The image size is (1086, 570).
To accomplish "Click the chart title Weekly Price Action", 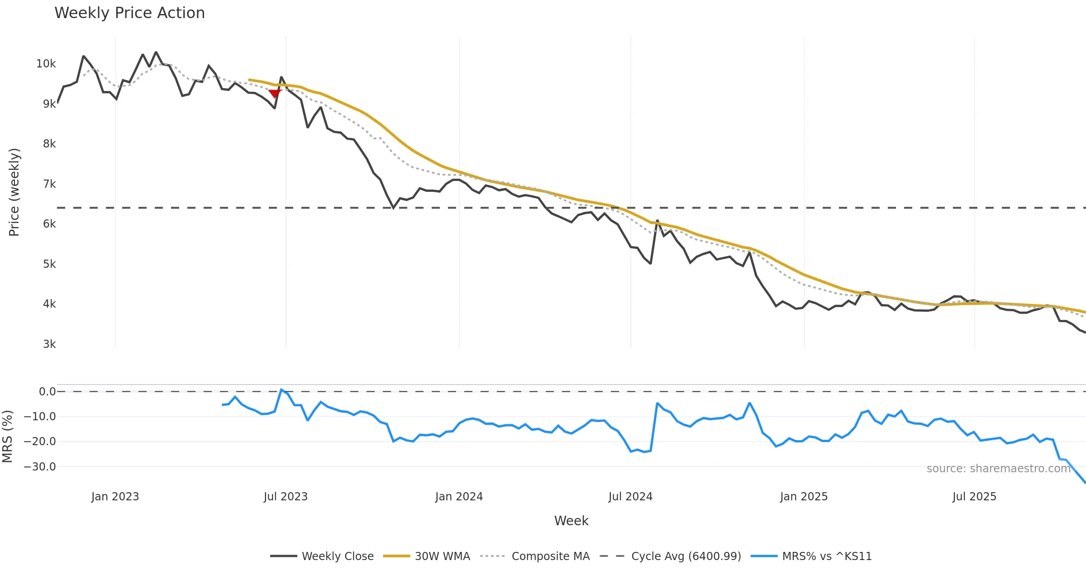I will tap(129, 13).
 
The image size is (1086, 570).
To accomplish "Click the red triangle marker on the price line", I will tap(274, 94).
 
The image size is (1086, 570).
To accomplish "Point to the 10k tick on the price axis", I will tap(46, 64).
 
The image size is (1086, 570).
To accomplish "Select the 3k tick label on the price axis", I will tap(49, 344).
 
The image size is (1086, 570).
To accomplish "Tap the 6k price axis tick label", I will tap(49, 224).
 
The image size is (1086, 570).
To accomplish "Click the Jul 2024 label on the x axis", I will tap(630, 497).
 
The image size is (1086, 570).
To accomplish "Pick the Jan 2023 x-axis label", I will tap(115, 497).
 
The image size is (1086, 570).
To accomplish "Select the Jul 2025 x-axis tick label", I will tap(974, 497).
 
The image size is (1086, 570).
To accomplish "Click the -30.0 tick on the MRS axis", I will tap(40, 466).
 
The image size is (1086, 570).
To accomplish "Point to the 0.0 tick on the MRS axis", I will tap(47, 392).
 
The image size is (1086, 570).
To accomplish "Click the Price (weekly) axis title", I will tap(14, 192).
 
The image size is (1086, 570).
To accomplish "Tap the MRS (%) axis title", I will tap(7, 437).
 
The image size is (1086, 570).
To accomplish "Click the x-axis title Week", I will tap(571, 521).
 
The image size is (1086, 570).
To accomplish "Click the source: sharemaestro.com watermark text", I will tap(998, 469).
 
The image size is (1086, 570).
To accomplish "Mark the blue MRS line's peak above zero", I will tap(281, 389).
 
